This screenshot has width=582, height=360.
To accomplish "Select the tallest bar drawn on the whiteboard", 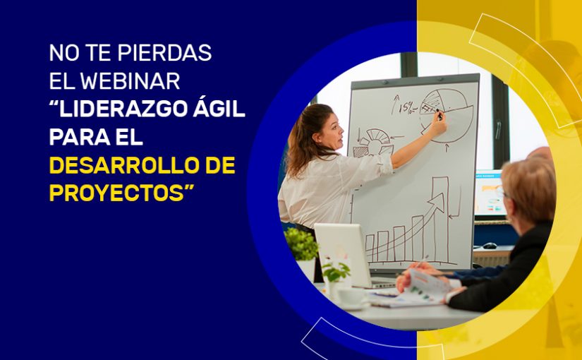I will click(441, 219).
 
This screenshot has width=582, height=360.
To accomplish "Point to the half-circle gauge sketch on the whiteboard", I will click(373, 141).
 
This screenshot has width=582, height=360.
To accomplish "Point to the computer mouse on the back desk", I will click(490, 245).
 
